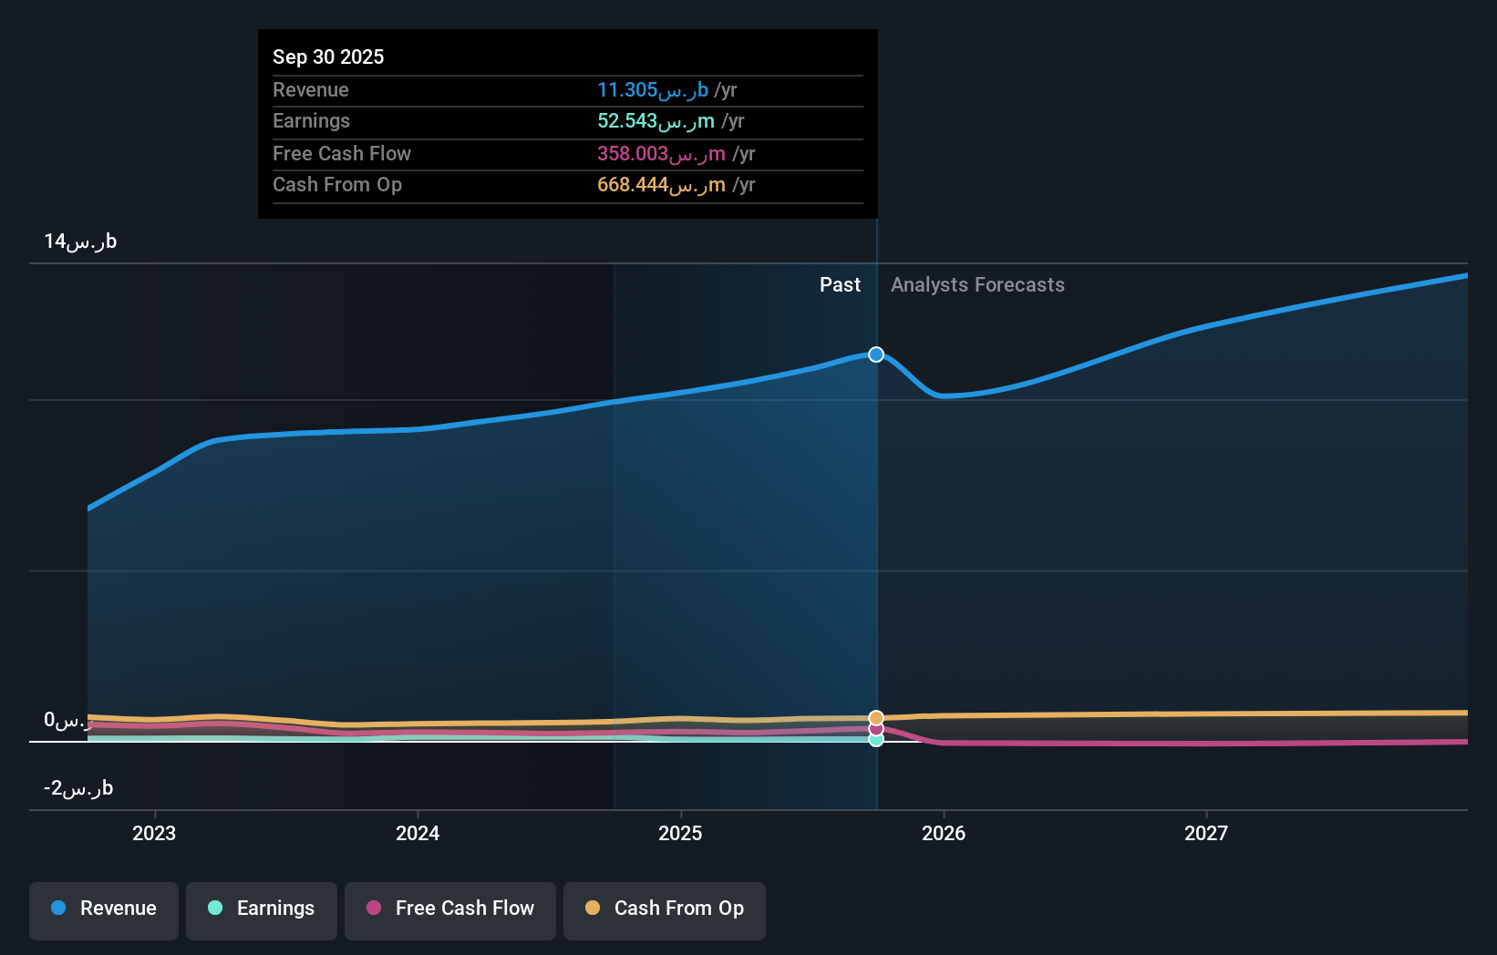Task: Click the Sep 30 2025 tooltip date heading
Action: pos(328,56)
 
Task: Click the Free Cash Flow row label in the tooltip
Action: pos(342,154)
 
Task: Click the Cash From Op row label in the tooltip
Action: pos(337,185)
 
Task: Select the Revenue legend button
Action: pos(104,909)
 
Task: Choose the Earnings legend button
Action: pos(262,909)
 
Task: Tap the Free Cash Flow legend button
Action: pos(450,909)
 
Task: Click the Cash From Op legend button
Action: pos(665,909)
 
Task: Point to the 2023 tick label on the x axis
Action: pos(154,833)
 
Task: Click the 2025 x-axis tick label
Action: pos(680,833)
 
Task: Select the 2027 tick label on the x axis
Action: pos(1205,833)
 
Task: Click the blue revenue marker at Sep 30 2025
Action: pos(876,354)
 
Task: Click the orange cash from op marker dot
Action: pos(876,718)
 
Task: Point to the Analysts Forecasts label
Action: pos(977,285)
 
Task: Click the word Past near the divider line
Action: pos(840,285)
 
